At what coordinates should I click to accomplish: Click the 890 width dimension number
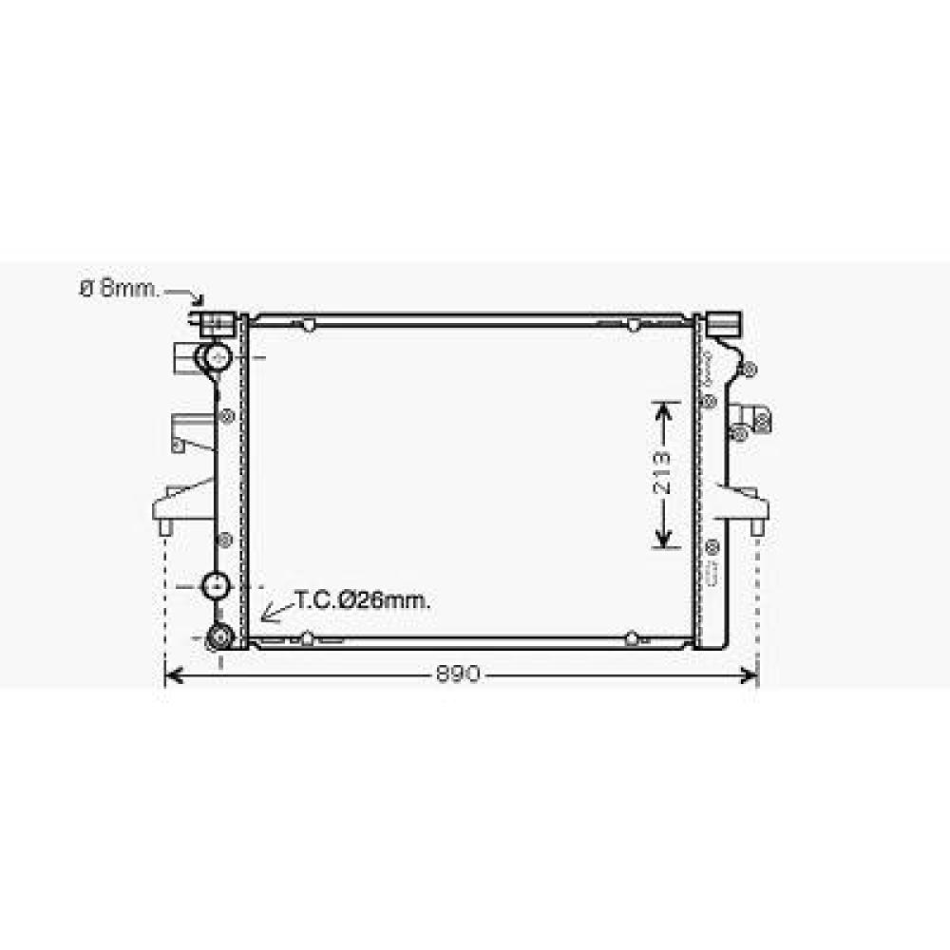pyautogui.click(x=460, y=674)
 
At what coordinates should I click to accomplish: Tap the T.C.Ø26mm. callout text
pyautogui.click(x=362, y=600)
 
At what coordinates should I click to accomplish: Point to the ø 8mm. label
pyautogui.click(x=120, y=289)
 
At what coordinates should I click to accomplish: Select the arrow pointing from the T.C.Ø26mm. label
pyautogui.click(x=276, y=611)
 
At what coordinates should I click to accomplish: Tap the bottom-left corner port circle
pyautogui.click(x=220, y=637)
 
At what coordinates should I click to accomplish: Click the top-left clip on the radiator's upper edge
pyautogui.click(x=307, y=326)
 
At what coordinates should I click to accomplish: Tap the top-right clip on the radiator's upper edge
pyautogui.click(x=633, y=326)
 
